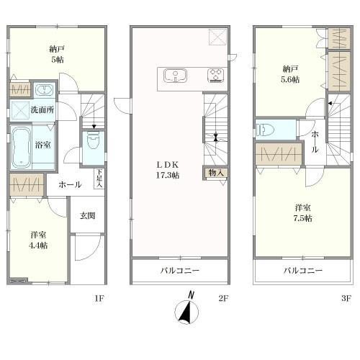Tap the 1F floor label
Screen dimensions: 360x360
(x=99, y=298)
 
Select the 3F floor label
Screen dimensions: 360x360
(x=346, y=298)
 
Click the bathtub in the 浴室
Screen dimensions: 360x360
(x=21, y=148)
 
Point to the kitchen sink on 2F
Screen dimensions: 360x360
(x=176, y=76)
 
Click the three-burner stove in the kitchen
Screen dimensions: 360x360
(x=216, y=76)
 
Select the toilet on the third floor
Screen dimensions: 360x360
(x=265, y=130)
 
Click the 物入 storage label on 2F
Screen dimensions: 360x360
(x=216, y=172)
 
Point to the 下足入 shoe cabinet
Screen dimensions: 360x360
(x=99, y=179)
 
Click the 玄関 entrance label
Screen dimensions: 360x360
(x=87, y=216)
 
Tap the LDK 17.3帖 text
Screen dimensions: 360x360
(x=168, y=170)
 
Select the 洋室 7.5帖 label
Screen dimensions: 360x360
(x=303, y=212)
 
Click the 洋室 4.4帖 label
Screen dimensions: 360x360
(x=38, y=240)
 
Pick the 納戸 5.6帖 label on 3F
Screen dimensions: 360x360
(x=290, y=74)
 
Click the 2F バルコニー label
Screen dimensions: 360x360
(x=180, y=271)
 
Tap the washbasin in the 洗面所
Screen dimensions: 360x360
(x=45, y=90)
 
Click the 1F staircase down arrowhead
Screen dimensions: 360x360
(x=94, y=127)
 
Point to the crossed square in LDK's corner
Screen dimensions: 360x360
(x=217, y=37)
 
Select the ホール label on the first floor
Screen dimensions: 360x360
(x=70, y=184)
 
